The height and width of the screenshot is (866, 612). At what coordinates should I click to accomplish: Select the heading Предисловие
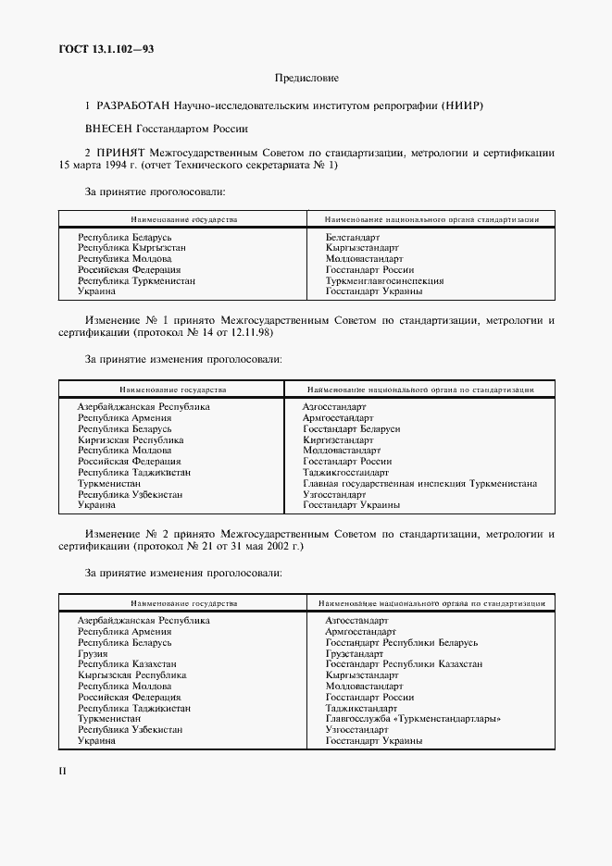click(x=306, y=80)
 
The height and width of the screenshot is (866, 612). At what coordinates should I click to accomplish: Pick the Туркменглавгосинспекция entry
click(x=384, y=280)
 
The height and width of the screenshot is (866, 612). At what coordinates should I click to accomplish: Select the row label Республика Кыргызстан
click(x=132, y=249)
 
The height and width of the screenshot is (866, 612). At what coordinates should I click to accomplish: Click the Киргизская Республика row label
click(x=131, y=440)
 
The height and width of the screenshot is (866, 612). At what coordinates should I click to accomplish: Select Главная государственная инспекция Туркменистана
click(x=420, y=484)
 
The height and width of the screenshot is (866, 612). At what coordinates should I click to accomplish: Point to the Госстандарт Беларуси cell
click(x=351, y=429)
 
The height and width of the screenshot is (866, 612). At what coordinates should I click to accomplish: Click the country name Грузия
click(x=94, y=653)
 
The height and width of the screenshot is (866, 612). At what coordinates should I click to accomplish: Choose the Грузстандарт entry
click(x=356, y=653)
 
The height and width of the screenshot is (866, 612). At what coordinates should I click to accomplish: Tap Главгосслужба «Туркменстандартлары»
click(x=413, y=719)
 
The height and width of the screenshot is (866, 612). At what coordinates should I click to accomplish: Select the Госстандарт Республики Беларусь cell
click(x=401, y=642)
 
